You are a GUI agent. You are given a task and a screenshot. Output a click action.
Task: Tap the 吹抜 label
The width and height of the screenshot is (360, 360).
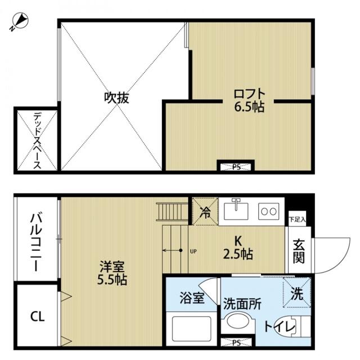[117, 98]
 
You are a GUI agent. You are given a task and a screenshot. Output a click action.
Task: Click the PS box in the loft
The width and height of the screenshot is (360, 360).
[236, 166]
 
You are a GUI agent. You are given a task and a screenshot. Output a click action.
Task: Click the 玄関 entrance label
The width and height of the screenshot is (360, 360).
[298, 251]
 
